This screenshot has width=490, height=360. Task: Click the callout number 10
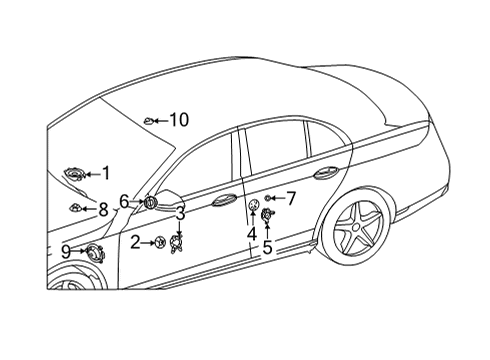pyautogui.click(x=179, y=120)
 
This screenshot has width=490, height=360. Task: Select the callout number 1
pyautogui.click(x=106, y=174)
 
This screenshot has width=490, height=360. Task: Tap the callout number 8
pyautogui.click(x=103, y=210)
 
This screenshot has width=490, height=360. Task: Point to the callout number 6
pyautogui.click(x=124, y=201)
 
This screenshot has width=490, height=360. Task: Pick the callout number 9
pyautogui.click(x=66, y=252)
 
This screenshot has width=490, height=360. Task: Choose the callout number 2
pyautogui.click(x=135, y=242)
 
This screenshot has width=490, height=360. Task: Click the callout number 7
pyautogui.click(x=291, y=198)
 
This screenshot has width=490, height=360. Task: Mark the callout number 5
pyautogui.click(x=267, y=247)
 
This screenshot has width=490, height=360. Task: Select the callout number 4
pyautogui.click(x=252, y=233)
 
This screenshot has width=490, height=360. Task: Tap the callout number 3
pyautogui.click(x=180, y=214)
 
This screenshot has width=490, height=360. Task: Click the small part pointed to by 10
pyautogui.click(x=149, y=121)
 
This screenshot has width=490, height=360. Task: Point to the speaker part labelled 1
pyautogui.click(x=75, y=174)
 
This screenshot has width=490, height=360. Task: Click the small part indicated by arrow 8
pyautogui.click(x=75, y=208)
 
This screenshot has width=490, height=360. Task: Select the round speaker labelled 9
pyautogui.click(x=95, y=254)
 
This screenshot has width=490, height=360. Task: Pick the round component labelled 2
pyautogui.click(x=160, y=242)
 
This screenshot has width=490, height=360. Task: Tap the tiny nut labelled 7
pyautogui.click(x=267, y=198)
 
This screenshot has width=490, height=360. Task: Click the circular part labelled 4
pyautogui.click(x=254, y=205)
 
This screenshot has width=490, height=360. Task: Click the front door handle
pyautogui.click(x=224, y=199)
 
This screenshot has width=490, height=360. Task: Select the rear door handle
pyautogui.click(x=326, y=173)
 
